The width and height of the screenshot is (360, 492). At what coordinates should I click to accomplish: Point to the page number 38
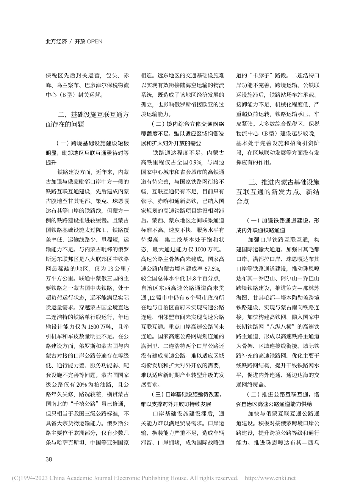point(49,459)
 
